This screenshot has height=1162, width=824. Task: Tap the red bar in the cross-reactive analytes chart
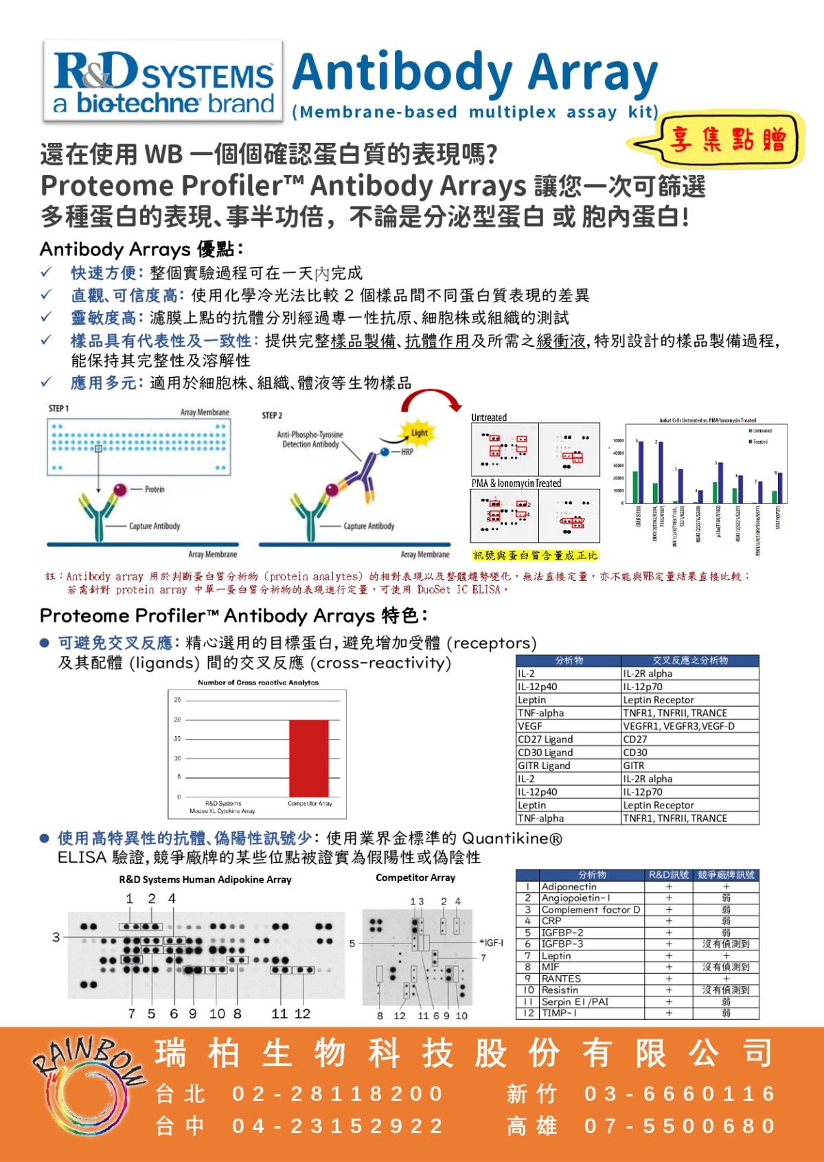pos(308,757)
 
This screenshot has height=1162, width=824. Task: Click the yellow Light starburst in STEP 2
pos(419,433)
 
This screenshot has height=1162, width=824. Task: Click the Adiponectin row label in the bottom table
pos(569,887)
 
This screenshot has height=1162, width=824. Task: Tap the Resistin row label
pos(560,990)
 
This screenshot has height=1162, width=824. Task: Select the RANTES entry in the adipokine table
pos(561,979)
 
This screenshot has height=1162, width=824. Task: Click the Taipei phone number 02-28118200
pos(338,1093)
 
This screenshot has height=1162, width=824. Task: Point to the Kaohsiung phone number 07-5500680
pos(680,1126)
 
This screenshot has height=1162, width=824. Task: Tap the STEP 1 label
pos(59,409)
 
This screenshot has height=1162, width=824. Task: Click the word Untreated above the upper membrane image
pos(489,418)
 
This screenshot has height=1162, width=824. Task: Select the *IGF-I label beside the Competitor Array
pos(492,943)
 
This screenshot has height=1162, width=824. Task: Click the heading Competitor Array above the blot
pos(415,878)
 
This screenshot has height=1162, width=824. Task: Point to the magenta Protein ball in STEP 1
pos(120,490)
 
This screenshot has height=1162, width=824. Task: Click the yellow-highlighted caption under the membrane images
pos(535,555)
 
